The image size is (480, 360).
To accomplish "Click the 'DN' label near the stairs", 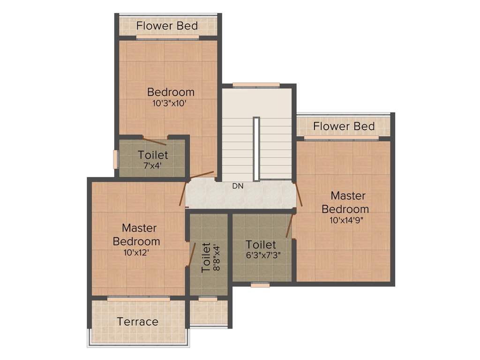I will (238, 186).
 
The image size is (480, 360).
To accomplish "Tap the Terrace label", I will (137, 322).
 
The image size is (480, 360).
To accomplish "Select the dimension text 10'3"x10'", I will (170, 104).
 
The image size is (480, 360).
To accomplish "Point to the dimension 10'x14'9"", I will (345, 219).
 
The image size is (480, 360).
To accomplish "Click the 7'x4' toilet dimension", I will (152, 165).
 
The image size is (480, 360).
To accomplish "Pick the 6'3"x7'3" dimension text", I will (261, 255).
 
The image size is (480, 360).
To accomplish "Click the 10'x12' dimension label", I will (136, 252).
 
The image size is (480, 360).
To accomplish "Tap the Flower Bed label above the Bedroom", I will (167, 26).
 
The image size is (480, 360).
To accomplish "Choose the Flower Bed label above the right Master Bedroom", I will (344, 126).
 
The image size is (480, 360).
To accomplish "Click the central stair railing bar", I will (256, 149).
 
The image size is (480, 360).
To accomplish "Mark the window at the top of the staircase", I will (256, 85).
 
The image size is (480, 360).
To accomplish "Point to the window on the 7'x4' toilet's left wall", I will (115, 159).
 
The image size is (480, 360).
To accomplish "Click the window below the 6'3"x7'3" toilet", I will (260, 285).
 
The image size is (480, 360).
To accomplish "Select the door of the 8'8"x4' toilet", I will (191, 255).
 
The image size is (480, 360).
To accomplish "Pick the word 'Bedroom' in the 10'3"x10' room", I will (171, 92).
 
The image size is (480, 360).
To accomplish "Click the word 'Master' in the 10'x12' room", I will (139, 228).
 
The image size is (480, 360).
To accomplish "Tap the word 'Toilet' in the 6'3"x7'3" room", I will (261, 245).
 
